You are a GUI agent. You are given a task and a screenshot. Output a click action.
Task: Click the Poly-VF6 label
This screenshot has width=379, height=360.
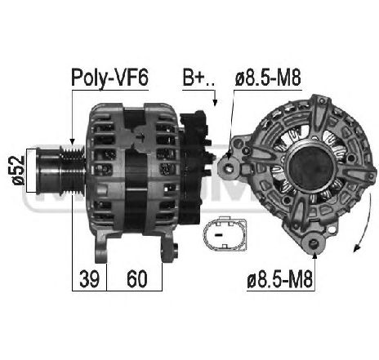point(109,78)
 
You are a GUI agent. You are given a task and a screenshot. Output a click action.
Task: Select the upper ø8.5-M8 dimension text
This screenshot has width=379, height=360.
point(268,78)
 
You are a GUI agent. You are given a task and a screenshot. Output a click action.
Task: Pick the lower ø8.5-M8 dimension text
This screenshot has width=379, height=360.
point(280,280)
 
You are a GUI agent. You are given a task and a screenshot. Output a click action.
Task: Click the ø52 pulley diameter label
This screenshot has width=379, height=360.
point(18,171)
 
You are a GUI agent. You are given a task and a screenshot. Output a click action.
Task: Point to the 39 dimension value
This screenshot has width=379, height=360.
point(89,279)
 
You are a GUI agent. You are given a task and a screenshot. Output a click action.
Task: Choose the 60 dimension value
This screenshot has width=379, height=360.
point(137,279)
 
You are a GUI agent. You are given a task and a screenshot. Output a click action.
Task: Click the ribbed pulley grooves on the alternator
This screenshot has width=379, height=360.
point(73,170)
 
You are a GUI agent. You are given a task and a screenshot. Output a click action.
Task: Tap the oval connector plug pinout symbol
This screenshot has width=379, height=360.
point(225,233)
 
